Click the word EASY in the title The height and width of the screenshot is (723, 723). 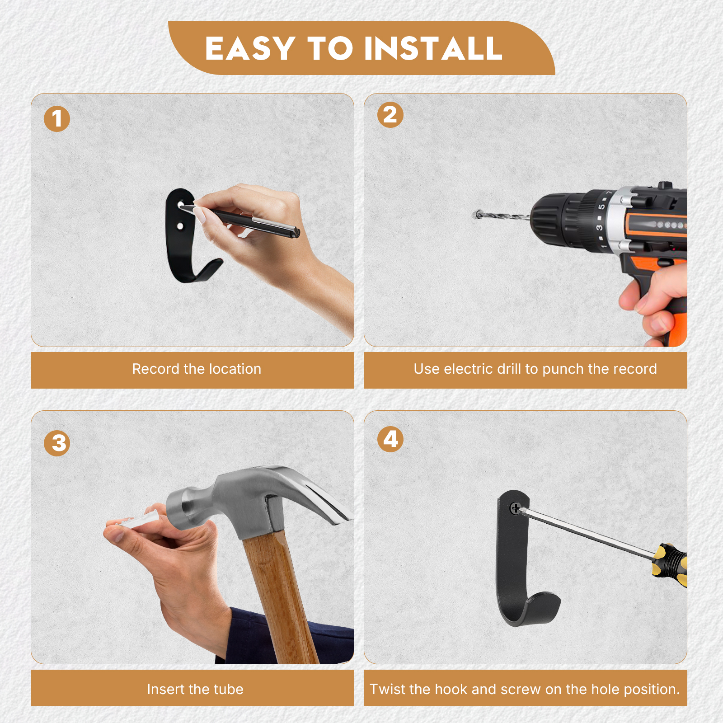pyautogui.click(x=250, y=48)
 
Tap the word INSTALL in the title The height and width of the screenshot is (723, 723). pyautogui.click(x=433, y=48)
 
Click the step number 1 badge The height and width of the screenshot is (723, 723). pyautogui.click(x=57, y=119)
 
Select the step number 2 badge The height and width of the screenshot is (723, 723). pyautogui.click(x=390, y=115)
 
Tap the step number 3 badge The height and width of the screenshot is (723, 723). pyautogui.click(x=57, y=443)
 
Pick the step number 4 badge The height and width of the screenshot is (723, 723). pyautogui.click(x=390, y=439)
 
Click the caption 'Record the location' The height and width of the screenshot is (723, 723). pyautogui.click(x=197, y=369)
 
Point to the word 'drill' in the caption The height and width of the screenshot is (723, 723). pyautogui.click(x=509, y=369)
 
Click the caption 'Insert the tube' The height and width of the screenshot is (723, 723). pyautogui.click(x=195, y=689)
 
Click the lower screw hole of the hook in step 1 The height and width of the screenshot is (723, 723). pyautogui.click(x=180, y=225)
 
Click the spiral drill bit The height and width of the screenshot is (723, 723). pyautogui.click(x=502, y=216)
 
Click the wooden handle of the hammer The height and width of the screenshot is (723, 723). pyautogui.click(x=280, y=596)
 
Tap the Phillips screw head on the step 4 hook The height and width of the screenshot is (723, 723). pyautogui.click(x=515, y=508)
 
